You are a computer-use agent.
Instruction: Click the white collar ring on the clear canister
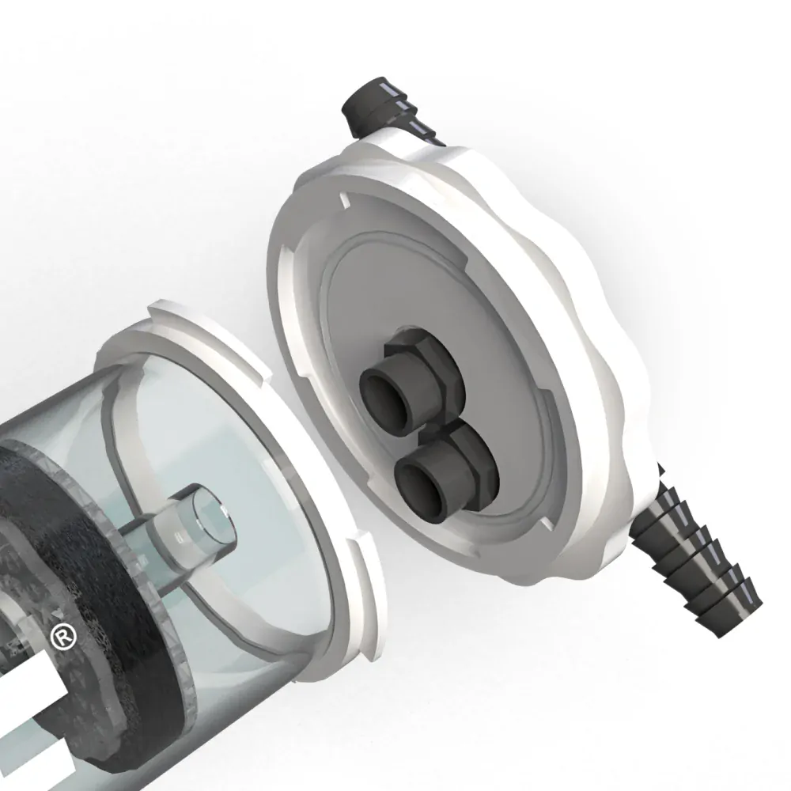[x=316, y=443]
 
